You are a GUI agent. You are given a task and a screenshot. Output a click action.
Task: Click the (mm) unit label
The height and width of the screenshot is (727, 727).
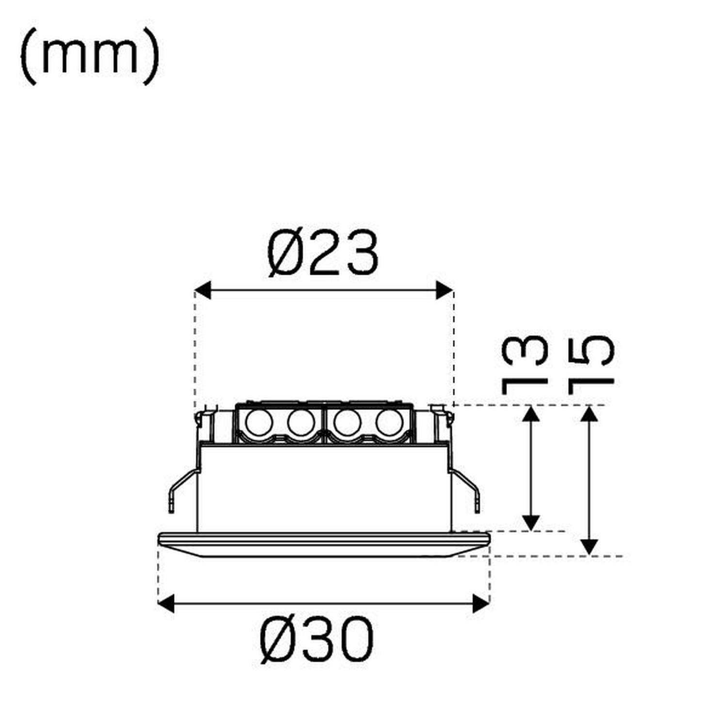point(90,57)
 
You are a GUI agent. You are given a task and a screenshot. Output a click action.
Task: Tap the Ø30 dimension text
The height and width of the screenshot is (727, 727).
point(317,640)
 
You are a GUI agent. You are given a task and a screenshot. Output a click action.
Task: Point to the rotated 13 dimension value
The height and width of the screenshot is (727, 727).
point(524,364)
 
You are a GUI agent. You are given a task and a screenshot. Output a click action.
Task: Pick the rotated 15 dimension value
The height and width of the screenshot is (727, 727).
point(591,364)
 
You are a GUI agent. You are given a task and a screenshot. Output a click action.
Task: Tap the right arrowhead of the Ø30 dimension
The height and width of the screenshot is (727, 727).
point(481,604)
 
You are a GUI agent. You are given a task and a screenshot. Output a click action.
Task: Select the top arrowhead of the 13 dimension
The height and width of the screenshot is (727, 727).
point(532,414)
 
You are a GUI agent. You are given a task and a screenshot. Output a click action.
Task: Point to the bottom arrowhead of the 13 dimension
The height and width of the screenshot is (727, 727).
point(532,522)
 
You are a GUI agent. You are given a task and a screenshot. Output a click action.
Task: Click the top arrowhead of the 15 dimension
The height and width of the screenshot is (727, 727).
point(589,414)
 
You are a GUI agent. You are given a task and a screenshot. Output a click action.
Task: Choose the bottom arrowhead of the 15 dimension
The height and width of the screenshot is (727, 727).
point(589,547)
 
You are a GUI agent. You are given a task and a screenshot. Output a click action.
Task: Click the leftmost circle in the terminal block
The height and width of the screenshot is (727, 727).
point(259,423)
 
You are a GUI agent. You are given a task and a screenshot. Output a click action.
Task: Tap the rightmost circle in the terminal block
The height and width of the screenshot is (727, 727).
point(389,423)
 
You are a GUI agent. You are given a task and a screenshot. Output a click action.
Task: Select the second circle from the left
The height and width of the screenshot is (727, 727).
point(301,423)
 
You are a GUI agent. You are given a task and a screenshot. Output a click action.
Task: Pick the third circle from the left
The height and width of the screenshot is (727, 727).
point(347,423)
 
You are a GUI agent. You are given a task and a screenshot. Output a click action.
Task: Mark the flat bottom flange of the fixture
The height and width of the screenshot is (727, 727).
point(324,544)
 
